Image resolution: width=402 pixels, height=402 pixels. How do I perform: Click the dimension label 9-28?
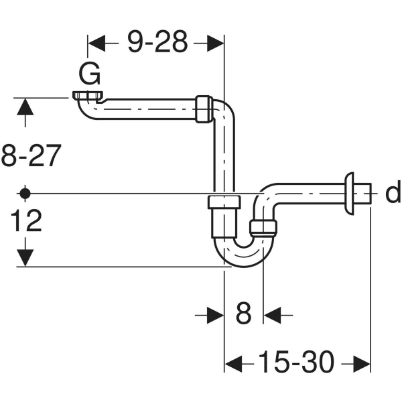click(x=157, y=44)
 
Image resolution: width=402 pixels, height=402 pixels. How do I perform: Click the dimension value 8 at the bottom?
click(x=243, y=313)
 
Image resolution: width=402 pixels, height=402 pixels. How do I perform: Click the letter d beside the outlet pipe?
click(x=393, y=194)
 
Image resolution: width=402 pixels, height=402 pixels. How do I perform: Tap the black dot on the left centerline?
click(x=25, y=193)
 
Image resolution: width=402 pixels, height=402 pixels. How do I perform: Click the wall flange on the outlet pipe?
click(x=350, y=194)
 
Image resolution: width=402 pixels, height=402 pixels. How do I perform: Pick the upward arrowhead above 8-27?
click(x=25, y=107)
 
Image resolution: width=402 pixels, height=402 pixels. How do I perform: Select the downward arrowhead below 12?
click(x=25, y=258)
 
